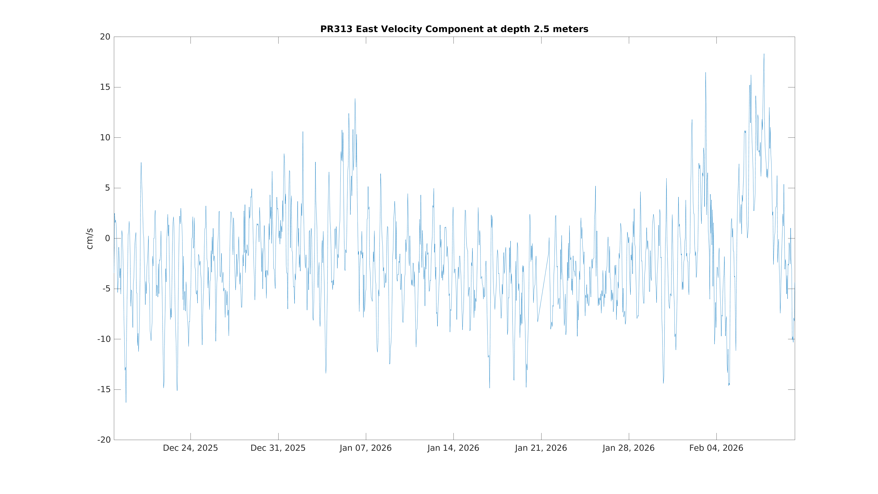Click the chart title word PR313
(336, 29)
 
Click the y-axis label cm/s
(90, 239)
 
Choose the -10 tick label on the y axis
(104, 339)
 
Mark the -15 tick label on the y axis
(104, 390)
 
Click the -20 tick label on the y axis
(104, 440)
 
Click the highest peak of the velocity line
(764, 54)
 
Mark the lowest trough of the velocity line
(126, 402)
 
